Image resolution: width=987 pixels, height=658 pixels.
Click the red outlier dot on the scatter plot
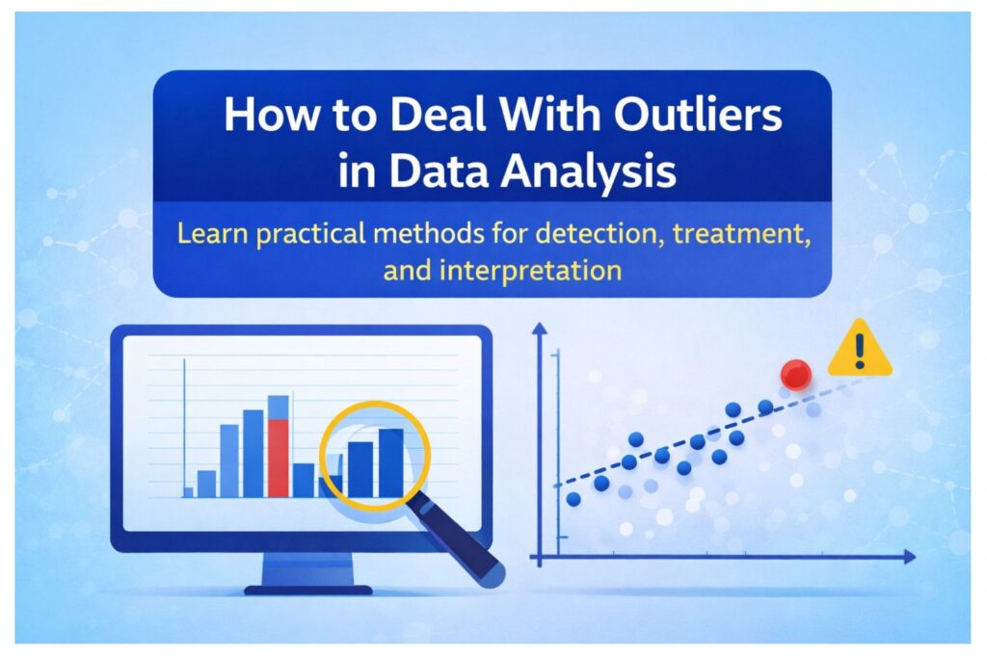coord(795,374)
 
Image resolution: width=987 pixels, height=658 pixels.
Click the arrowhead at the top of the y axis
coord(540,330)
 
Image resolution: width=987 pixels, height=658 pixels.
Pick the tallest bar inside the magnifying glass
coord(390,462)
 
